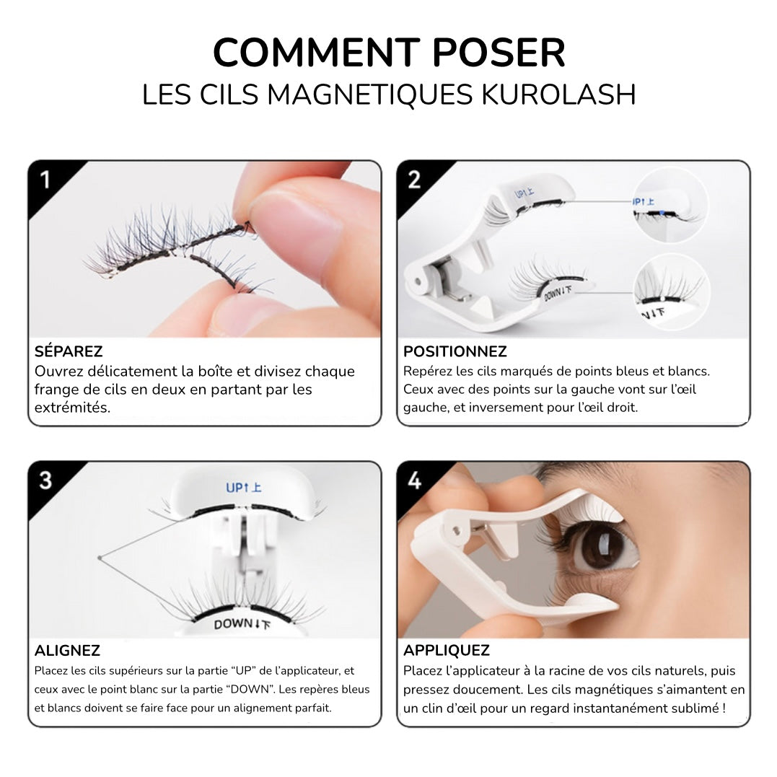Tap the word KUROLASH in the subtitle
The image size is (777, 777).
[x=558, y=95]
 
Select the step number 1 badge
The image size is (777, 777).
[x=45, y=180]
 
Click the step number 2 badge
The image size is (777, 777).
[x=414, y=180]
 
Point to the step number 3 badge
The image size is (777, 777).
[x=45, y=480]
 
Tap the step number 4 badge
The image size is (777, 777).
[x=414, y=480]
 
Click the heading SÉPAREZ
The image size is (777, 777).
[x=69, y=351]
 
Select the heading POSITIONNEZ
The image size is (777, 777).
[x=455, y=351]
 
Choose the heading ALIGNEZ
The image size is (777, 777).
[x=67, y=650]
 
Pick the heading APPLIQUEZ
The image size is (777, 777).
[x=447, y=650]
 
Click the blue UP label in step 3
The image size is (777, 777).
[x=243, y=488]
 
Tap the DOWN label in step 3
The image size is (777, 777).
[x=242, y=624]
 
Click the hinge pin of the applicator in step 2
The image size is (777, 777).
[x=418, y=282]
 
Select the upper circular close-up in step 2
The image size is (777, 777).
[x=670, y=205]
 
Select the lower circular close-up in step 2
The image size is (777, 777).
[x=672, y=292]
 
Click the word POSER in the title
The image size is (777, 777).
[x=499, y=53]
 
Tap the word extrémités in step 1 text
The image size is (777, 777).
[x=72, y=408]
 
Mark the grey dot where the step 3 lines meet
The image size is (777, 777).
[x=100, y=558]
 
